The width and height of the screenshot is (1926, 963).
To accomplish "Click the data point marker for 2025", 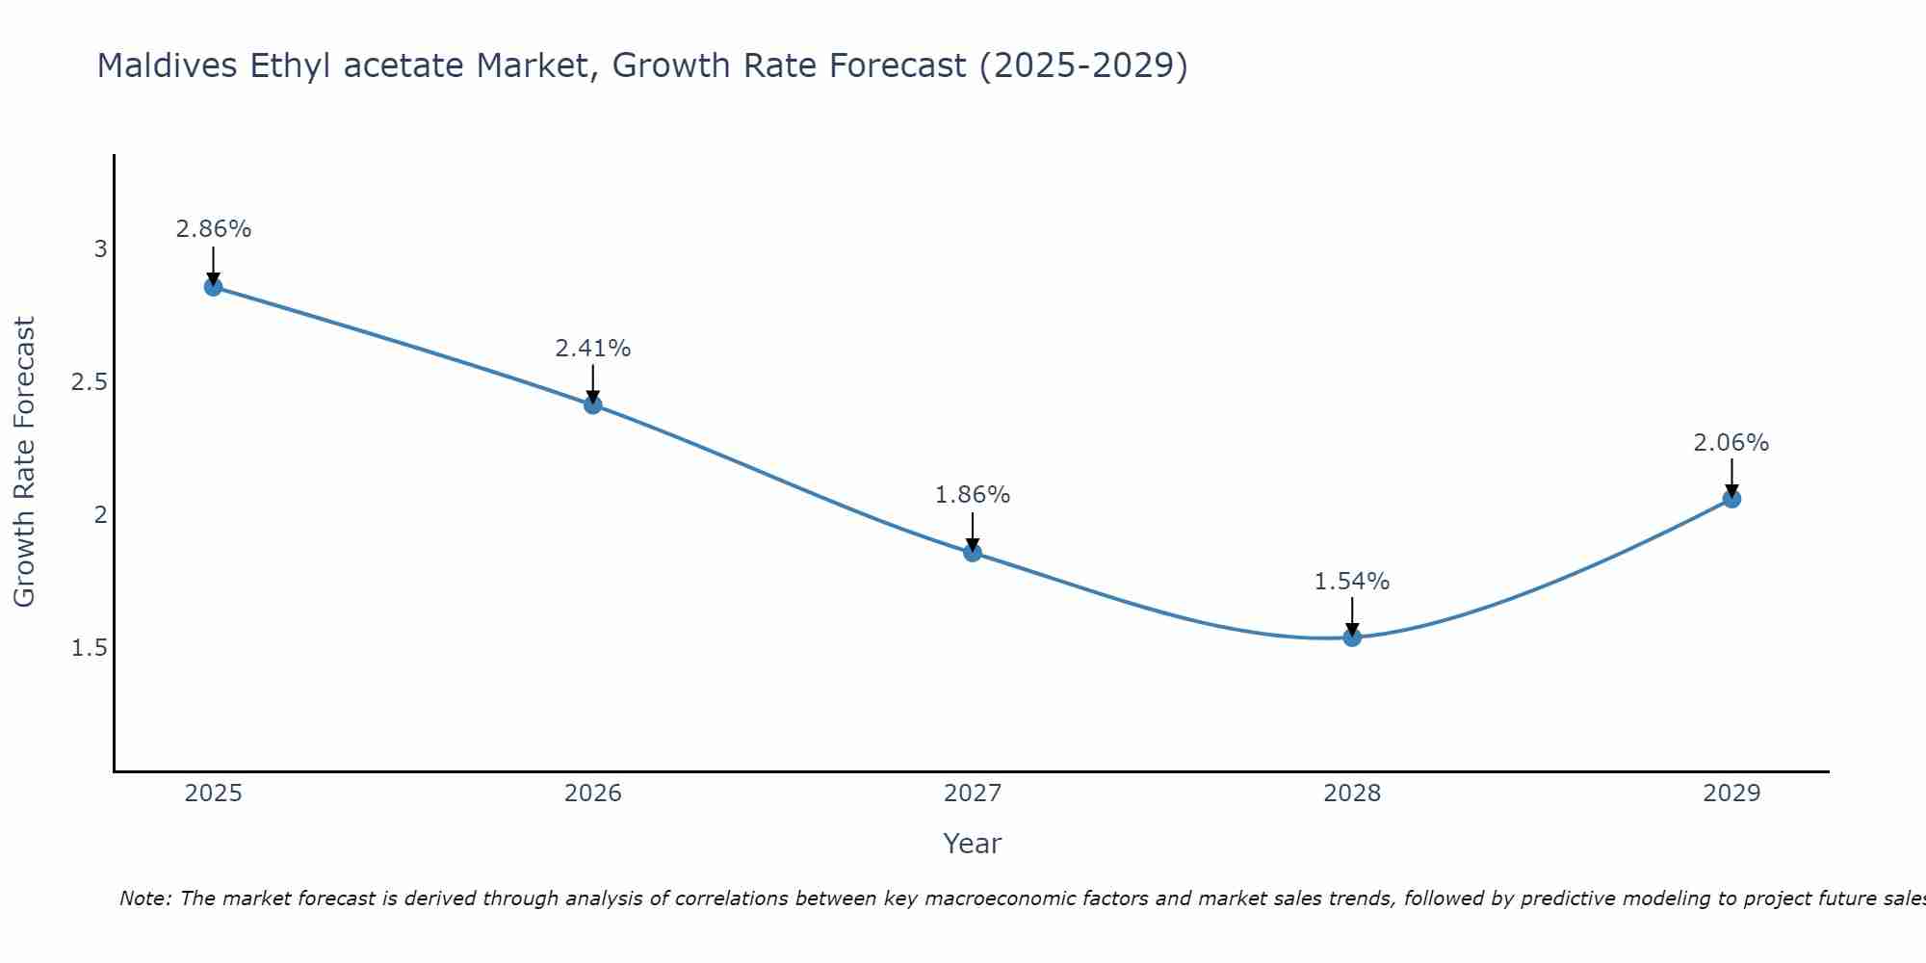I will point(214,287).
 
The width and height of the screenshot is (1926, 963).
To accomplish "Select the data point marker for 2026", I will point(593,405).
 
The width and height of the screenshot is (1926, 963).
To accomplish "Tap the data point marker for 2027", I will point(973,553).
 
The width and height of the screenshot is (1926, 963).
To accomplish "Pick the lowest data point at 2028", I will point(1352,637).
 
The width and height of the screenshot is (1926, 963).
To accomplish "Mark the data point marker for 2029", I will point(1731,499).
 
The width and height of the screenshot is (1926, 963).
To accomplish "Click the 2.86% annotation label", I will point(214,229).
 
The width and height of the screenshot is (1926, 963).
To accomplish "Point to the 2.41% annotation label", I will point(593,349).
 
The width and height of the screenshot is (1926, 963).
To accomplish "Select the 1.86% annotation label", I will point(973,495).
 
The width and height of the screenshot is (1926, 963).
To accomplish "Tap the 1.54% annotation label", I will point(1352,582).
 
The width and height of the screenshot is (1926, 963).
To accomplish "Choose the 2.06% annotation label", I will point(1731,443).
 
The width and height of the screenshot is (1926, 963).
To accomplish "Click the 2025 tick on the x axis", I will point(214,794).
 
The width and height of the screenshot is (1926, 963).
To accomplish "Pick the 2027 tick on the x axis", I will point(973,794).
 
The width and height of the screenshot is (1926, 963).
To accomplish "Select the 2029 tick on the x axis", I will point(1731,794).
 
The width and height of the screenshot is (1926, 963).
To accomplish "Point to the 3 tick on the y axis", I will point(100,249).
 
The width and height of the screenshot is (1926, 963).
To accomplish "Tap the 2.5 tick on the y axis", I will point(90,382).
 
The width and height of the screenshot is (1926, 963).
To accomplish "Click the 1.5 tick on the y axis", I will point(90,648).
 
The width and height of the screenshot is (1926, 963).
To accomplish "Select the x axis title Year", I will point(973,844).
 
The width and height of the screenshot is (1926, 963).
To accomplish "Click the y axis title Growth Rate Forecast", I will point(25,462).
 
